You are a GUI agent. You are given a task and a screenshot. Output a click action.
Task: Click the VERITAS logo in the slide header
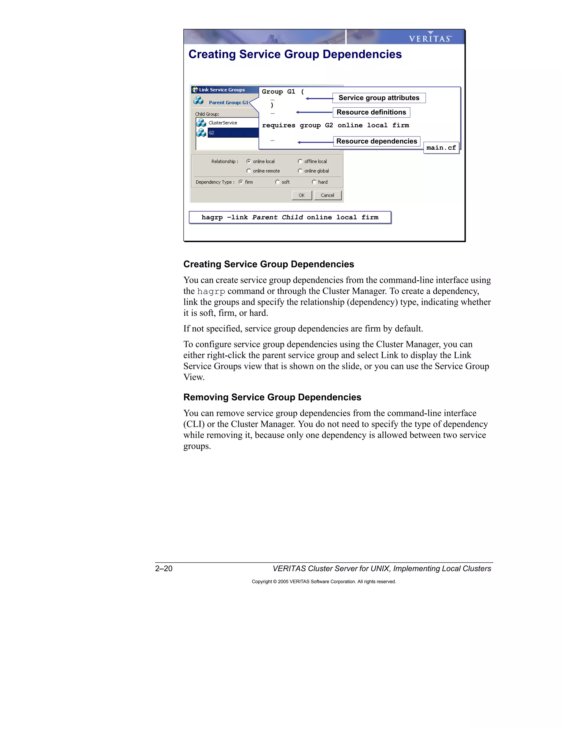430,38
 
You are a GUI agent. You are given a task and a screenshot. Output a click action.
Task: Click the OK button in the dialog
302,195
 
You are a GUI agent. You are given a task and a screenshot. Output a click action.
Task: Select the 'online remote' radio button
249,171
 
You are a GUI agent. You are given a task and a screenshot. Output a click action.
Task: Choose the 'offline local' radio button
300,161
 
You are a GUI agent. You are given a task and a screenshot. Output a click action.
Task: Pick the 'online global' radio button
300,171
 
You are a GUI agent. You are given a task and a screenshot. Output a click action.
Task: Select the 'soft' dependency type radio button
277,182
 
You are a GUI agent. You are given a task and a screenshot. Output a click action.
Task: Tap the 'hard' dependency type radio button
314,182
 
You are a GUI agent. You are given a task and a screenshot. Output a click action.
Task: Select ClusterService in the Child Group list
223,123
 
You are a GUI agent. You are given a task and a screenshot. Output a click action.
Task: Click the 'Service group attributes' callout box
379,98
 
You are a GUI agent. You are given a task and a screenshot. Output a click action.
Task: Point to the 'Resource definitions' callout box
371,112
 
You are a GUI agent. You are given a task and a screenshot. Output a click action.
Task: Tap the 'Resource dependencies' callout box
377,141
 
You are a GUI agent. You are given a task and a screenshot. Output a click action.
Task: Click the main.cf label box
441,147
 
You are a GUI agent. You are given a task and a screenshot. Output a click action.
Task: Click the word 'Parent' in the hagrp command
264,217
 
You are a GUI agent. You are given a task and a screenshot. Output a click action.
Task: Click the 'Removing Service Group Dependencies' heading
272,397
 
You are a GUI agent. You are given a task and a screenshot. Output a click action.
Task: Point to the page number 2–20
164,568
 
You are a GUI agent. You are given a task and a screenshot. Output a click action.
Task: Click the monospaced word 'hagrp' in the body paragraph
211,291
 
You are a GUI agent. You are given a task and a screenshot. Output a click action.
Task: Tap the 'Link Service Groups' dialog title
222,90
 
